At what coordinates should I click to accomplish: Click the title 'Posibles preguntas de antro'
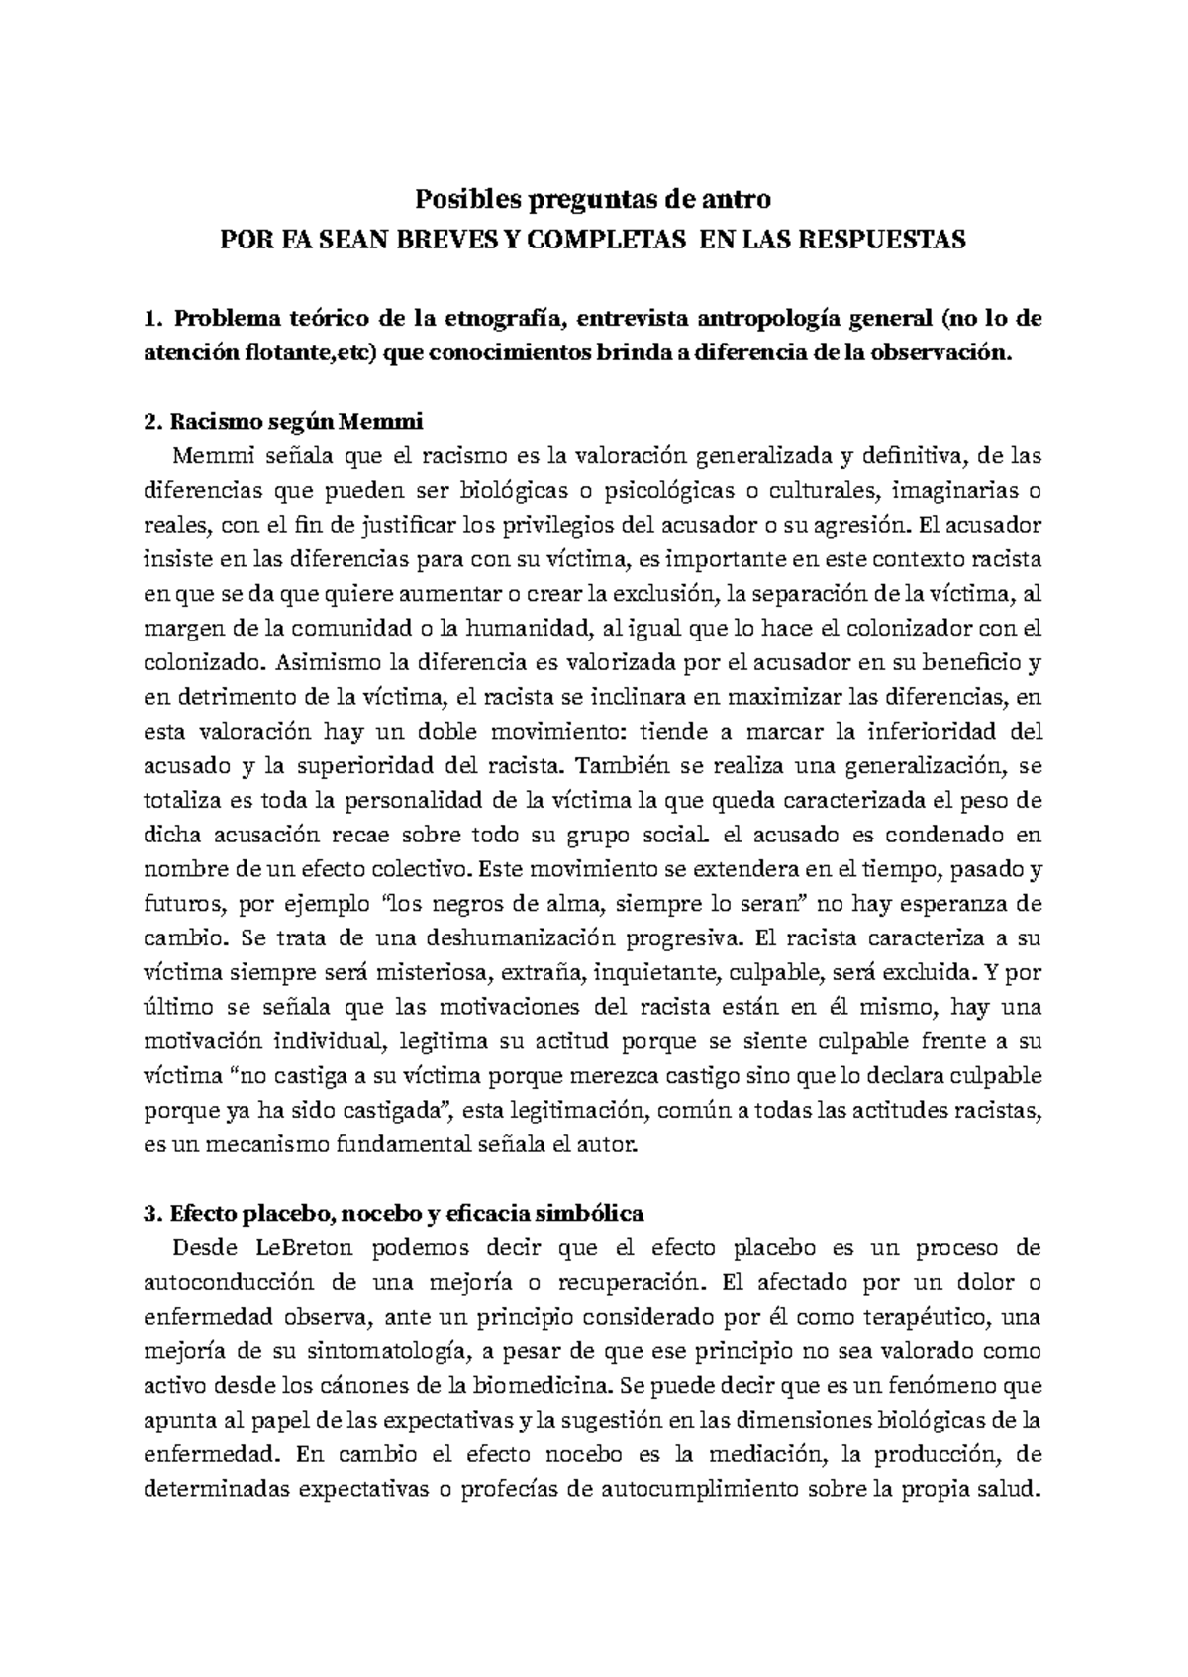(592, 200)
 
